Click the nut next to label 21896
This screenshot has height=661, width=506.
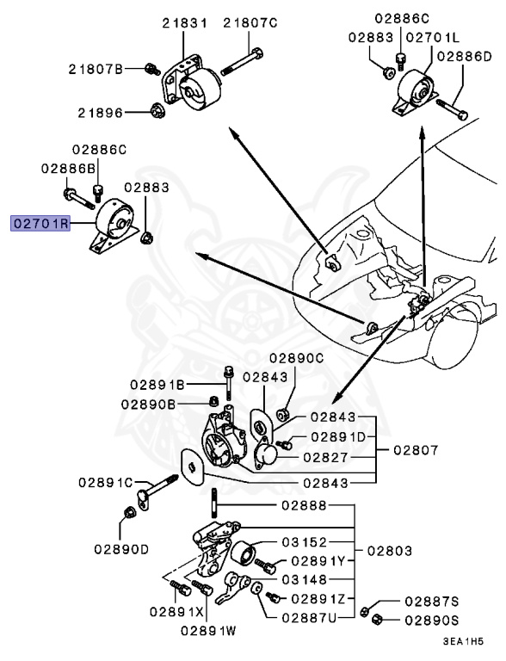coord(157,111)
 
